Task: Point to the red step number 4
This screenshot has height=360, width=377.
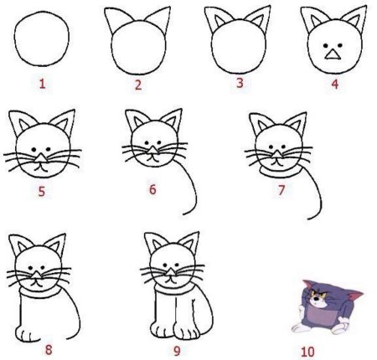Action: tap(335, 84)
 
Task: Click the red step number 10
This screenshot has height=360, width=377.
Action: tap(307, 352)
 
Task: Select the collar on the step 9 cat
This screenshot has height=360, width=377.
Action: tap(172, 290)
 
